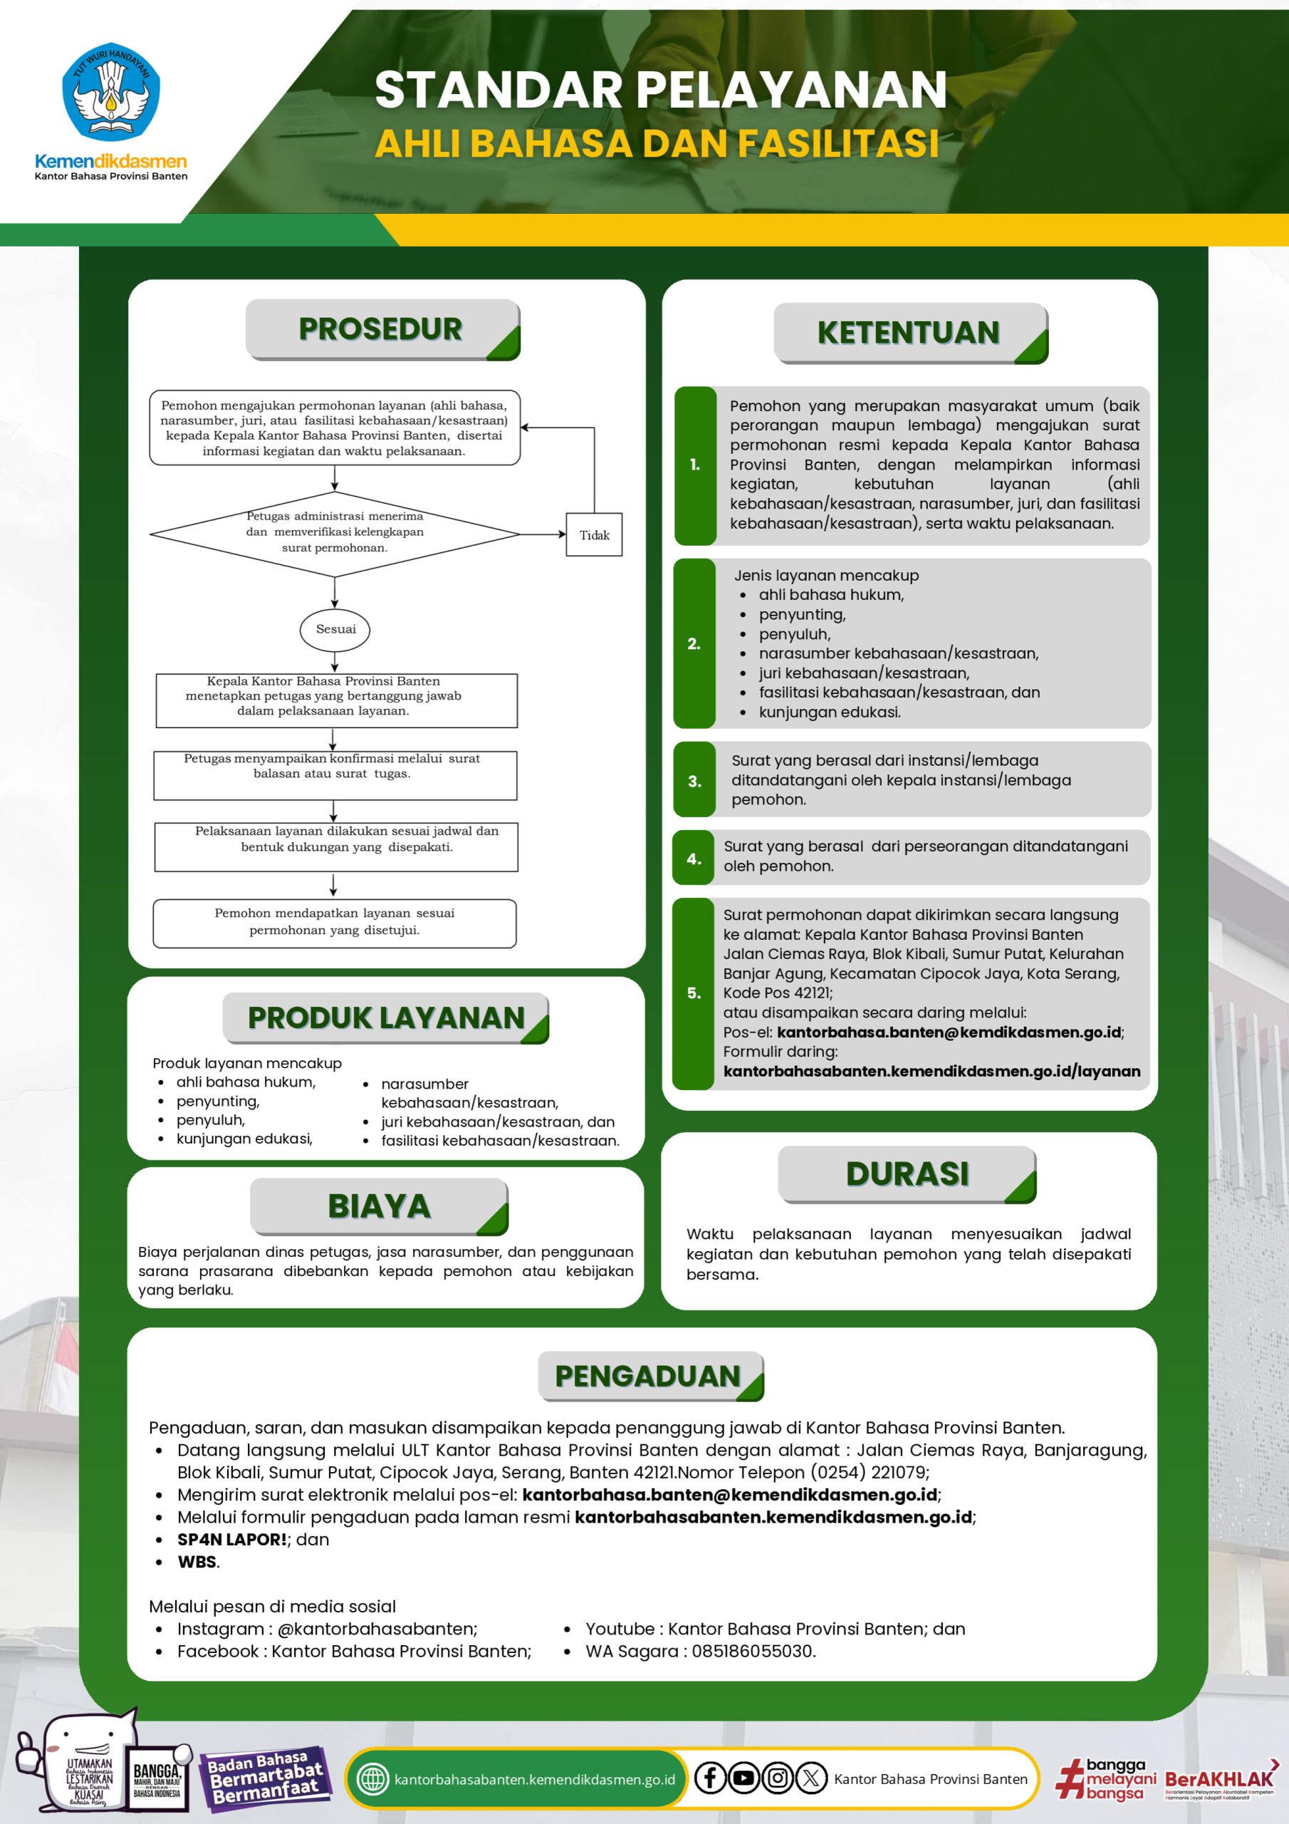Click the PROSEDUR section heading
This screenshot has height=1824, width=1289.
click(x=381, y=330)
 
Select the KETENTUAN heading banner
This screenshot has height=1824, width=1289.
click(x=909, y=333)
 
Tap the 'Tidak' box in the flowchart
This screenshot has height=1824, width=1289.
click(x=594, y=535)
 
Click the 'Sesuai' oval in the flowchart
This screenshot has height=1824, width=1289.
click(x=335, y=629)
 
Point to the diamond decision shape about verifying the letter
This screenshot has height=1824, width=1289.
click(x=335, y=532)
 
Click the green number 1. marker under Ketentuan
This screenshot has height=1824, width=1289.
click(x=695, y=465)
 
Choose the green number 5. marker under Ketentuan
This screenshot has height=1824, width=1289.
click(x=694, y=993)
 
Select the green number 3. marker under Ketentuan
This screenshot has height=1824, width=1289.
click(x=695, y=781)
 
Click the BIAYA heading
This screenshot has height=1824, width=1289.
click(x=380, y=1206)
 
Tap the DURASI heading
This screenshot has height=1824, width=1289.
click(x=907, y=1173)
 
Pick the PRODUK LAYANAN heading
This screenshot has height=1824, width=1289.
click(x=386, y=1017)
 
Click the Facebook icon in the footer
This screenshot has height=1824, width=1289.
click(x=710, y=1778)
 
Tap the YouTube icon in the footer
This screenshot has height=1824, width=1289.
click(x=744, y=1778)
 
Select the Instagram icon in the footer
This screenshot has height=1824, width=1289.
click(x=778, y=1778)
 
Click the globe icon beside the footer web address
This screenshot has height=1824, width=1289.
click(x=372, y=1778)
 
